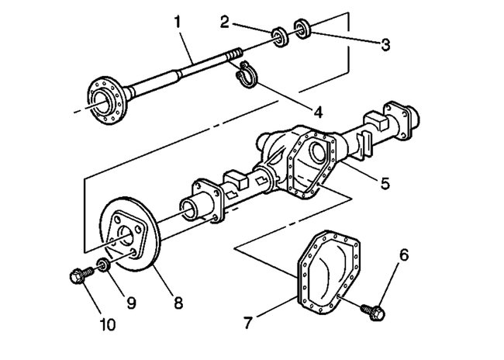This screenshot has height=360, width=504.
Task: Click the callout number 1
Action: [x=178, y=21]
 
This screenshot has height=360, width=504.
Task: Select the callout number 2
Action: [x=224, y=21]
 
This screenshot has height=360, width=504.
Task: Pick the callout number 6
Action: [x=404, y=254]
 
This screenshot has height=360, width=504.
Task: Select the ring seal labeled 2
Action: [x=277, y=36]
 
